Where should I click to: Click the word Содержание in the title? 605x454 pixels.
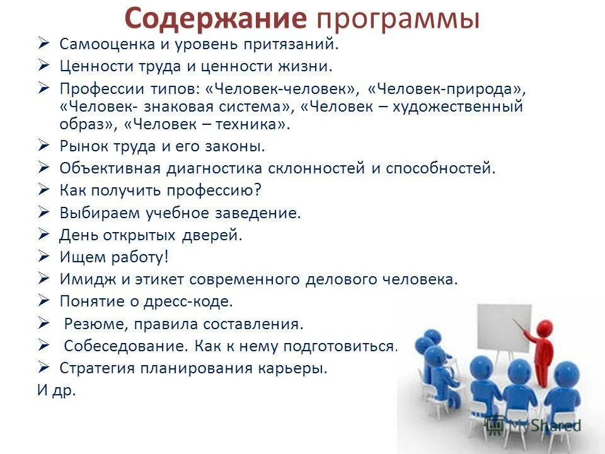click(214, 19)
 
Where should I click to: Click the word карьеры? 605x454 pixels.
click(297, 368)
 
